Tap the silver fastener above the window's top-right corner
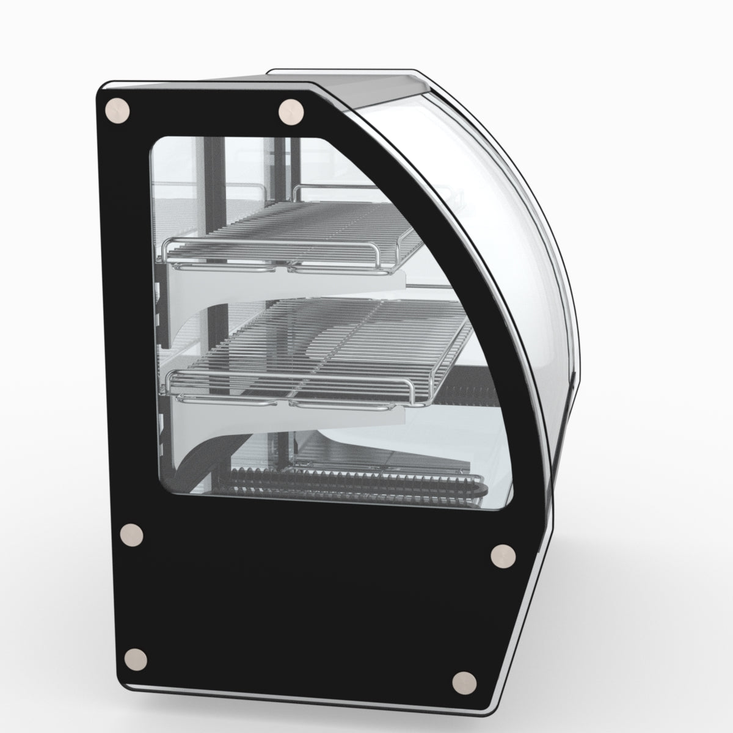point(291,112)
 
